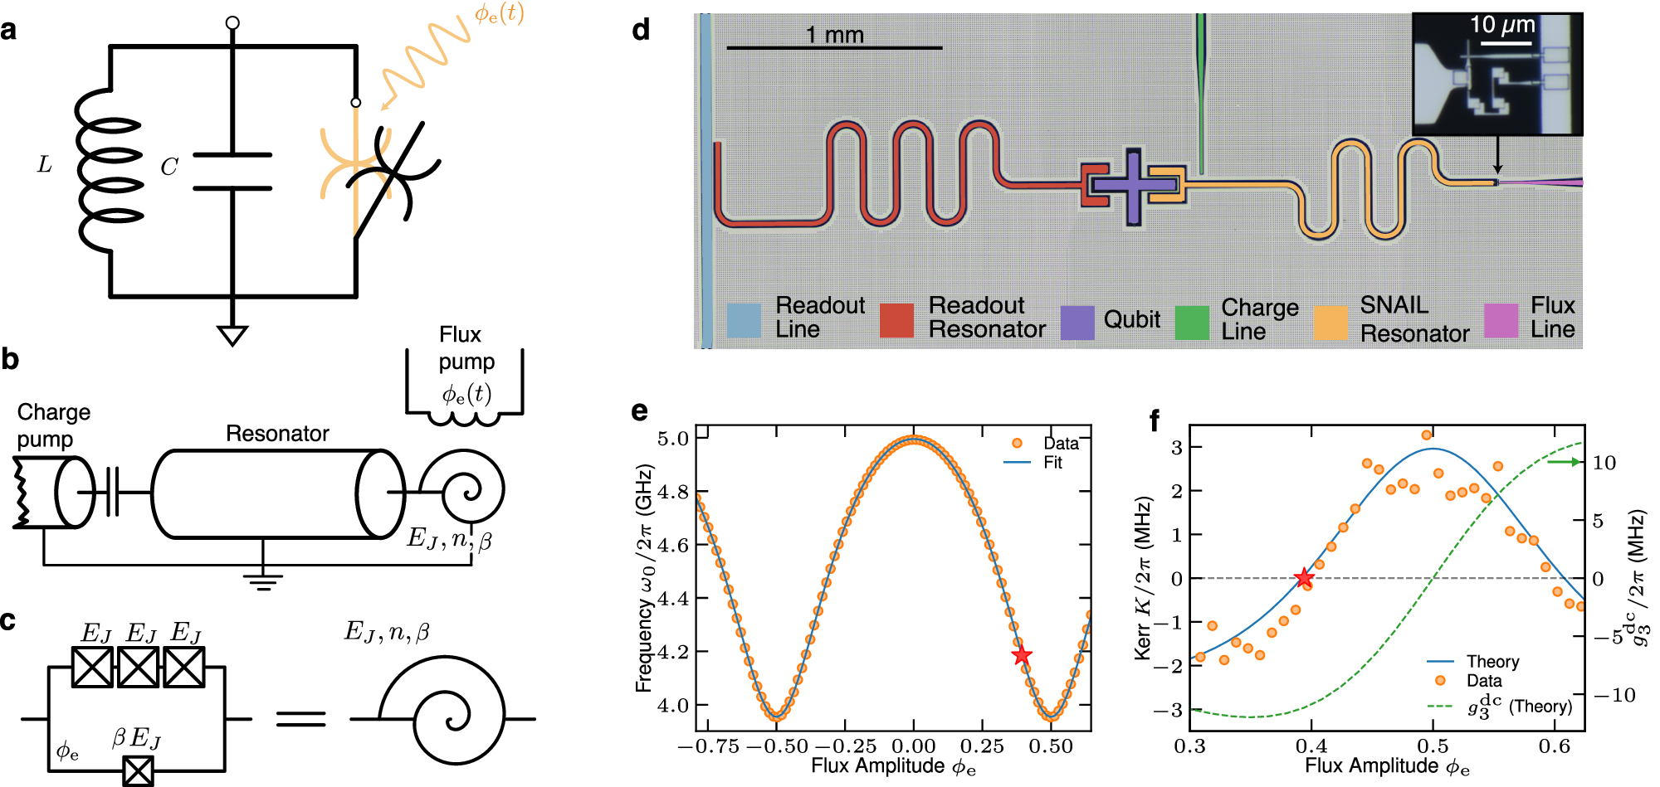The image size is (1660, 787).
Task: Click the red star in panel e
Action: pos(1022,656)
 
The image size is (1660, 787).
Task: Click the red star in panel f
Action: pos(1304,578)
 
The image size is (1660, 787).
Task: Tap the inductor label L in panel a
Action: pos(45,165)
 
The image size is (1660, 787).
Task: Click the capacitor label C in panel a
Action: pos(169,168)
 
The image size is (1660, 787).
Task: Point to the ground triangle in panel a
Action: pos(232,335)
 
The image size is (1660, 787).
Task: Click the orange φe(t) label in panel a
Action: pos(499,14)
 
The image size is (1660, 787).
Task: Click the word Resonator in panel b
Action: pos(277,434)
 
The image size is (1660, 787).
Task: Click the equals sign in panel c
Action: pos(300,718)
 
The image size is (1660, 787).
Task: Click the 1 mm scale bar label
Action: pos(834,35)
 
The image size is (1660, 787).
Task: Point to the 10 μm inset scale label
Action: pos(1501,25)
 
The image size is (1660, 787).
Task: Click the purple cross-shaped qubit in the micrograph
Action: pos(1133,186)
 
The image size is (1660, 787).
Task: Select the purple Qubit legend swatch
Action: pos(1077,322)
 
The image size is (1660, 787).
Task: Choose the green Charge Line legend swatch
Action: pos(1192,322)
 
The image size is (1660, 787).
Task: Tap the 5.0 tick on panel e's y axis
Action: pos(673,439)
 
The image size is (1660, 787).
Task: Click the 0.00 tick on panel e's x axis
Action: pos(914,746)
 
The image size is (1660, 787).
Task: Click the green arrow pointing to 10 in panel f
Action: pos(1565,462)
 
